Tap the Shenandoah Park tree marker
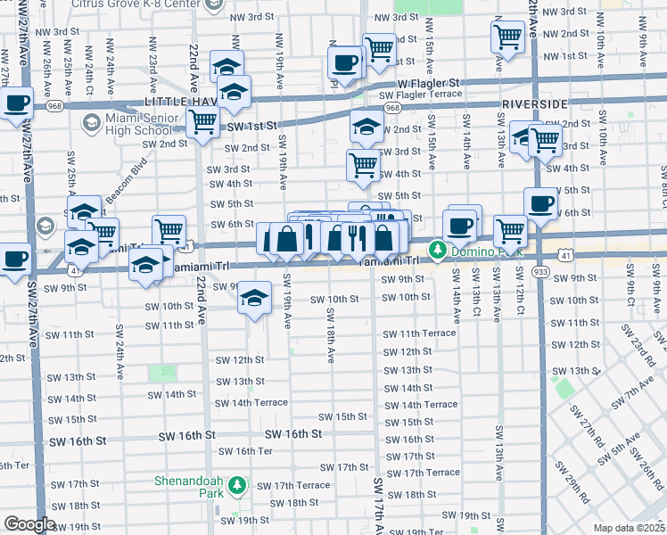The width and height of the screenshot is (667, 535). pos(236,486)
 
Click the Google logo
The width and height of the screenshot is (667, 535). pos(29,524)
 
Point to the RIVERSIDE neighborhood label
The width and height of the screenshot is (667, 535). pos(534,104)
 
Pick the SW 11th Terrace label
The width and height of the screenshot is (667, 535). pos(419,333)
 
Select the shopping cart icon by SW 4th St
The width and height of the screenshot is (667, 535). pos(363,164)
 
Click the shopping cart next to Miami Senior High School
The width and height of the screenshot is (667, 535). pos(202,119)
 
